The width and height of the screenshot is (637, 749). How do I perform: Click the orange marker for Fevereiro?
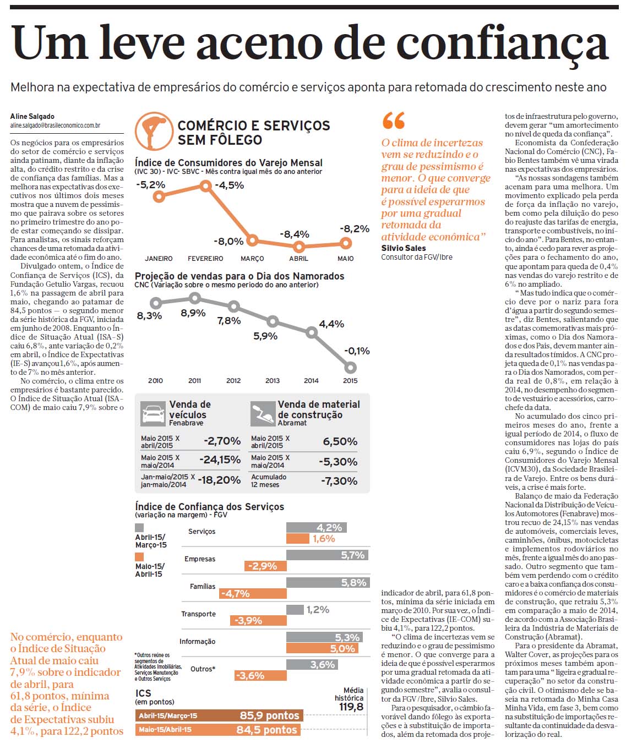pos(205,186)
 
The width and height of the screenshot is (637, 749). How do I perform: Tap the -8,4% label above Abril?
pos(295,234)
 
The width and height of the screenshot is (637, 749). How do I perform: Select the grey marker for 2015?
pos(350,368)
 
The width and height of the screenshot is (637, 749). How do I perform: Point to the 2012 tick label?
pos(233,381)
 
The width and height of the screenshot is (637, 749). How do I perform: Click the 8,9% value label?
pos(193,313)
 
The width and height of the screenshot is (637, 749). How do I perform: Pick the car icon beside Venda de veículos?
pos(153,414)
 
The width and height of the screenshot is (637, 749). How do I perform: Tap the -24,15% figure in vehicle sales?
pos(220,460)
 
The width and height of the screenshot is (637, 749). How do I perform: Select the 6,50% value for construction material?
pos(340,441)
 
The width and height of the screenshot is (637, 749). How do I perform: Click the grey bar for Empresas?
pos(327,555)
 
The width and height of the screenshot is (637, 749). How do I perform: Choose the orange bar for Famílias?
pos(253,594)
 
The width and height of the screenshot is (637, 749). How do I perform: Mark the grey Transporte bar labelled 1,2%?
pos(295,610)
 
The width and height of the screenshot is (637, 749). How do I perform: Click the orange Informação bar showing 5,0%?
pos(322,648)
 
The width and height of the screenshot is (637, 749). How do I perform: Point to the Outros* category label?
pos(203,669)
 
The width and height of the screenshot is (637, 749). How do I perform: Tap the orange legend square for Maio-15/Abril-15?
pos(139,556)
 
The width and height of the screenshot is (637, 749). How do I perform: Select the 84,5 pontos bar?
pos(218,729)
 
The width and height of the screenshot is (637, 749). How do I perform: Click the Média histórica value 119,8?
pos(351,707)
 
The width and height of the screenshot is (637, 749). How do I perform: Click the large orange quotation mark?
pos(393,121)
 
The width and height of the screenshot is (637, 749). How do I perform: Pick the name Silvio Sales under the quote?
pos(404,248)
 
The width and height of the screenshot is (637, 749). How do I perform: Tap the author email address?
pos(55,125)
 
